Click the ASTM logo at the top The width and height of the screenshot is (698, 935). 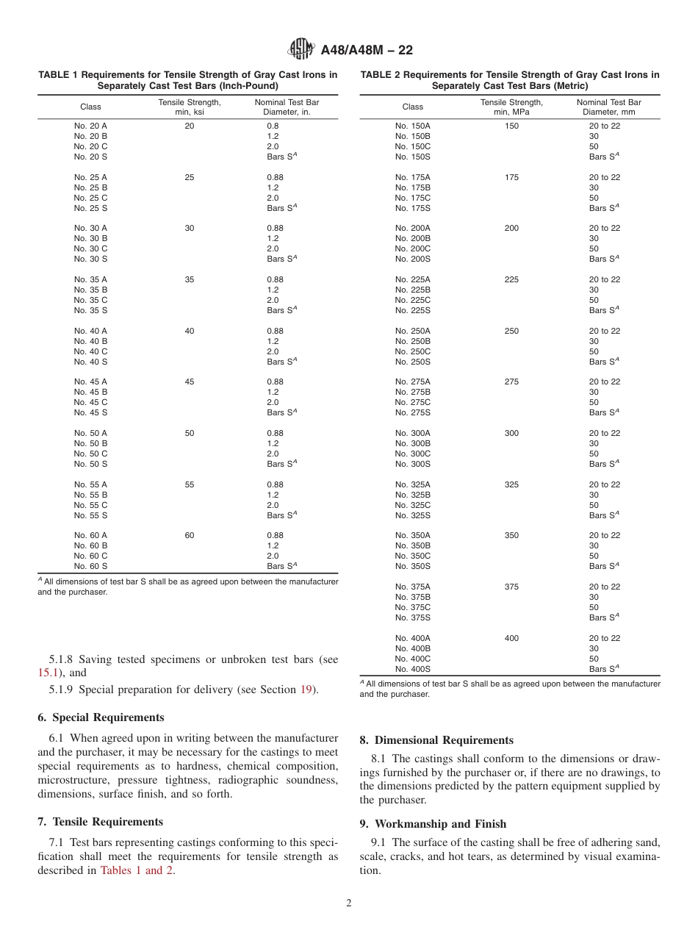coord(301,50)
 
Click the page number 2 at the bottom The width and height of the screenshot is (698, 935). coord(349,903)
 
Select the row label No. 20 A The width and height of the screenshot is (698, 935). coord(90,126)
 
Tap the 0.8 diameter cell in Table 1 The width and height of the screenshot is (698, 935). coord(273,126)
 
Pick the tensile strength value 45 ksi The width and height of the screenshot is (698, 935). coord(190,381)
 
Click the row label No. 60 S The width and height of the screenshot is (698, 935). coord(90,566)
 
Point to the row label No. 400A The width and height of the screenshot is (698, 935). coord(413,638)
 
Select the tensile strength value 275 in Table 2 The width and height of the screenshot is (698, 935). coord(511,381)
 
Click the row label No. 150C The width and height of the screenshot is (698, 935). coord(413,146)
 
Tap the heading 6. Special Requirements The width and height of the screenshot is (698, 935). coord(101,717)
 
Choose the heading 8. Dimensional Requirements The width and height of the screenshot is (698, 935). coord(436,740)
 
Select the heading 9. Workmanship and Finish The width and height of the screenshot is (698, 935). coord(433,824)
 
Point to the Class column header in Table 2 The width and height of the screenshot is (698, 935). coord(413,107)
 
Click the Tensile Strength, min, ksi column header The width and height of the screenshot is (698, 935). coord(190,107)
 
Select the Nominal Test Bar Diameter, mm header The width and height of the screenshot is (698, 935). coord(608,107)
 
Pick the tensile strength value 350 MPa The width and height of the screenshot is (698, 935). coord(511,535)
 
